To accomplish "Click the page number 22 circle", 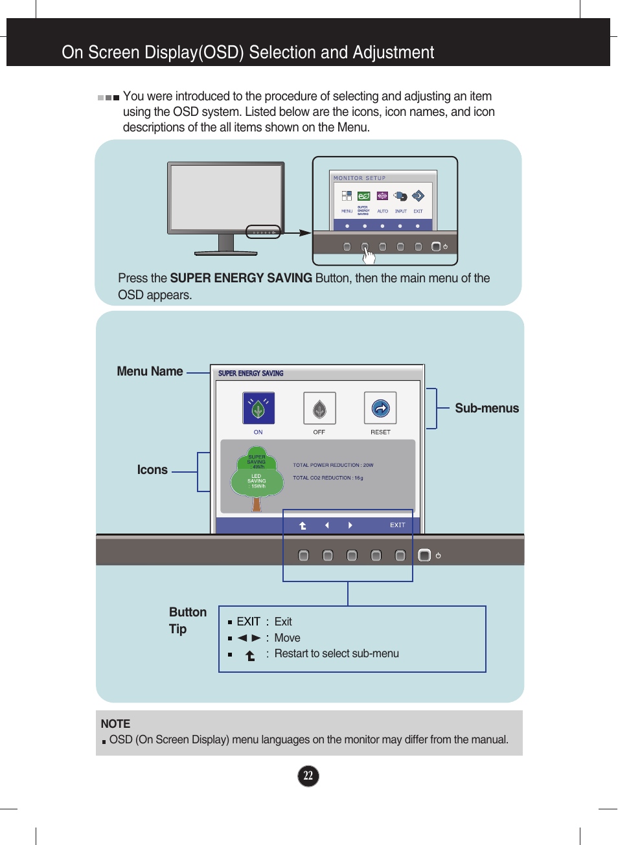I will click(x=308, y=776).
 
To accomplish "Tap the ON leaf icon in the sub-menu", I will click(x=258, y=409).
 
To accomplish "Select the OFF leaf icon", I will click(x=319, y=409).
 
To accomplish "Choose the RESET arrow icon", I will click(x=380, y=409).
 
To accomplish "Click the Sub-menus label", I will click(x=486, y=409).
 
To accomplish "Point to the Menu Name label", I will click(x=150, y=372).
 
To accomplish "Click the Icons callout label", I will click(x=152, y=470).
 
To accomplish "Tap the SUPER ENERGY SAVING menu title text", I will click(x=251, y=374).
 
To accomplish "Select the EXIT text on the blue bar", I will click(x=397, y=525).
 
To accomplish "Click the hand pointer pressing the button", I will click(x=369, y=256).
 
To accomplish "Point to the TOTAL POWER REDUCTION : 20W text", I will click(x=333, y=465).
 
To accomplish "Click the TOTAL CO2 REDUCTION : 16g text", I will click(x=328, y=478).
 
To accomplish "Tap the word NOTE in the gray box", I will click(x=115, y=724).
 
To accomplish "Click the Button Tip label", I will click(x=187, y=620).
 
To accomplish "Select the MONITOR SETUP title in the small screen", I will click(x=360, y=178).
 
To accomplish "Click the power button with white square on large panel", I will click(x=424, y=555).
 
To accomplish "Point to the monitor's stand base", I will click(x=226, y=252).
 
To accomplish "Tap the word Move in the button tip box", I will click(x=287, y=638).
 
